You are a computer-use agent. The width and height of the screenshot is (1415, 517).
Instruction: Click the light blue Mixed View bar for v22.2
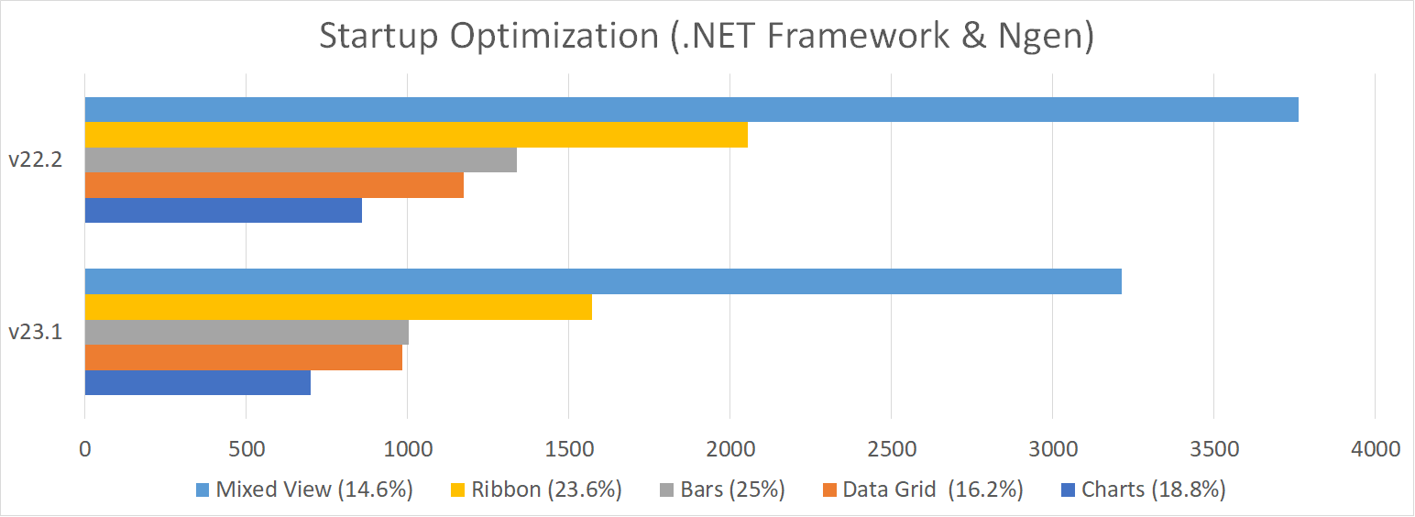[x=691, y=109]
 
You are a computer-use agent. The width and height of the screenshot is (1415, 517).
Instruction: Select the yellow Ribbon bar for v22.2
[x=416, y=135]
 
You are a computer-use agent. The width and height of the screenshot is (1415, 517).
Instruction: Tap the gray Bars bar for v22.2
[x=301, y=159]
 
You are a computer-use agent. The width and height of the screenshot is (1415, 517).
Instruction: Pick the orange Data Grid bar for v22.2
[x=274, y=185]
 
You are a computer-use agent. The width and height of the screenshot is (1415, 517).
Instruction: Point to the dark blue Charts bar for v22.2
[x=223, y=210]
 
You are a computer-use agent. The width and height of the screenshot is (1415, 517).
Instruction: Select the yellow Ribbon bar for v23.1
[x=338, y=307]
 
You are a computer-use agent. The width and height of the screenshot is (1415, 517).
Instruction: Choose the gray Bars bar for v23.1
[x=247, y=332]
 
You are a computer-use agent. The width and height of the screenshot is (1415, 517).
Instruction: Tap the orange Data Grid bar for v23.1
[x=243, y=357]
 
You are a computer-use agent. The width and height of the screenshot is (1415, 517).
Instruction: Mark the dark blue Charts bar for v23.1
[x=197, y=382]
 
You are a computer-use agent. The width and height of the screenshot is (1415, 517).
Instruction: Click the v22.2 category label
[x=35, y=159]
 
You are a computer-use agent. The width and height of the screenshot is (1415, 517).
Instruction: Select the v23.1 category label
[x=35, y=332]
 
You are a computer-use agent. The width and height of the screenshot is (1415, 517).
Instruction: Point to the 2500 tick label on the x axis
[x=891, y=449]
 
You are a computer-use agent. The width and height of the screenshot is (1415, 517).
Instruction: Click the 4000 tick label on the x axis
[x=1375, y=449]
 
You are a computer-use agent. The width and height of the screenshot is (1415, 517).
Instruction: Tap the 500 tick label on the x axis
[x=246, y=449]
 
